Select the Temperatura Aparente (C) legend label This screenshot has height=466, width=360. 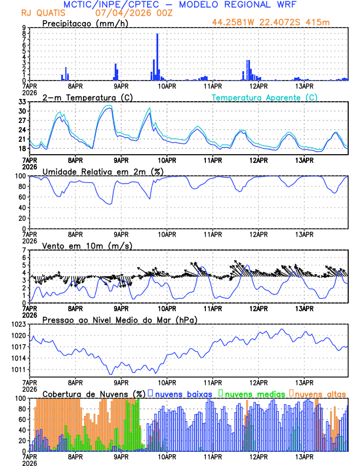click(265, 97)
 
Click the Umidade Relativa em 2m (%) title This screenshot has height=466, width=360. click(102, 171)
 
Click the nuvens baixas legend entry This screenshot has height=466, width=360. click(183, 393)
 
